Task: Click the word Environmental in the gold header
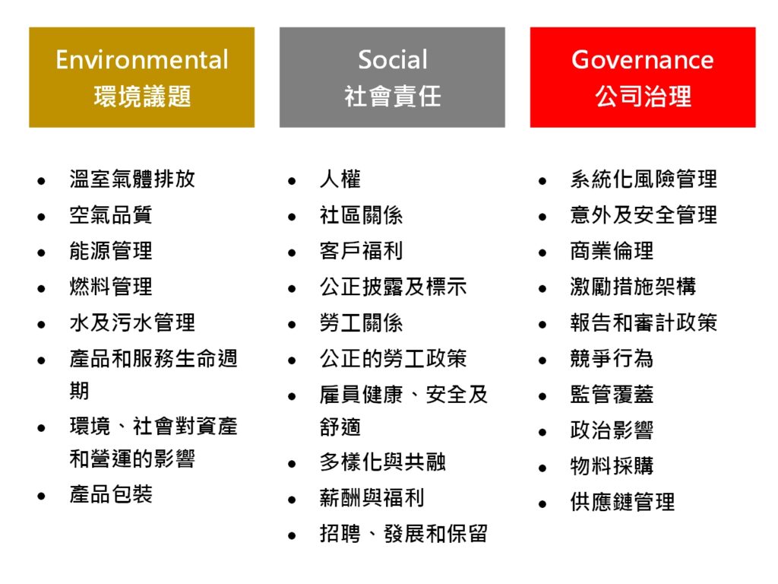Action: [141, 59]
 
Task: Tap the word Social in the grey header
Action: [392, 59]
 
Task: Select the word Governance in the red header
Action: [642, 59]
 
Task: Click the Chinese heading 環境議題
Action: [142, 97]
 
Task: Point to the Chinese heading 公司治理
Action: [643, 97]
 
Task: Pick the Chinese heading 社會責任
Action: [392, 97]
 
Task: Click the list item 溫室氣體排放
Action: [132, 179]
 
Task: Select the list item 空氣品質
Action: [111, 215]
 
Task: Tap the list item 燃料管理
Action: [111, 287]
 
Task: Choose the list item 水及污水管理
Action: [132, 322]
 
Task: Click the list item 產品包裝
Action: [111, 494]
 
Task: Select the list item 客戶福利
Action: [361, 251]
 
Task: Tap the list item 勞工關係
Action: [361, 323]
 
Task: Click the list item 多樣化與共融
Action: [382, 462]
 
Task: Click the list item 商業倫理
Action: [612, 251]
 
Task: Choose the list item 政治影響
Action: [612, 430]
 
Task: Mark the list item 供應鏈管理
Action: [622, 502]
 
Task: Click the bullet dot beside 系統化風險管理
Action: [542, 182]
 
